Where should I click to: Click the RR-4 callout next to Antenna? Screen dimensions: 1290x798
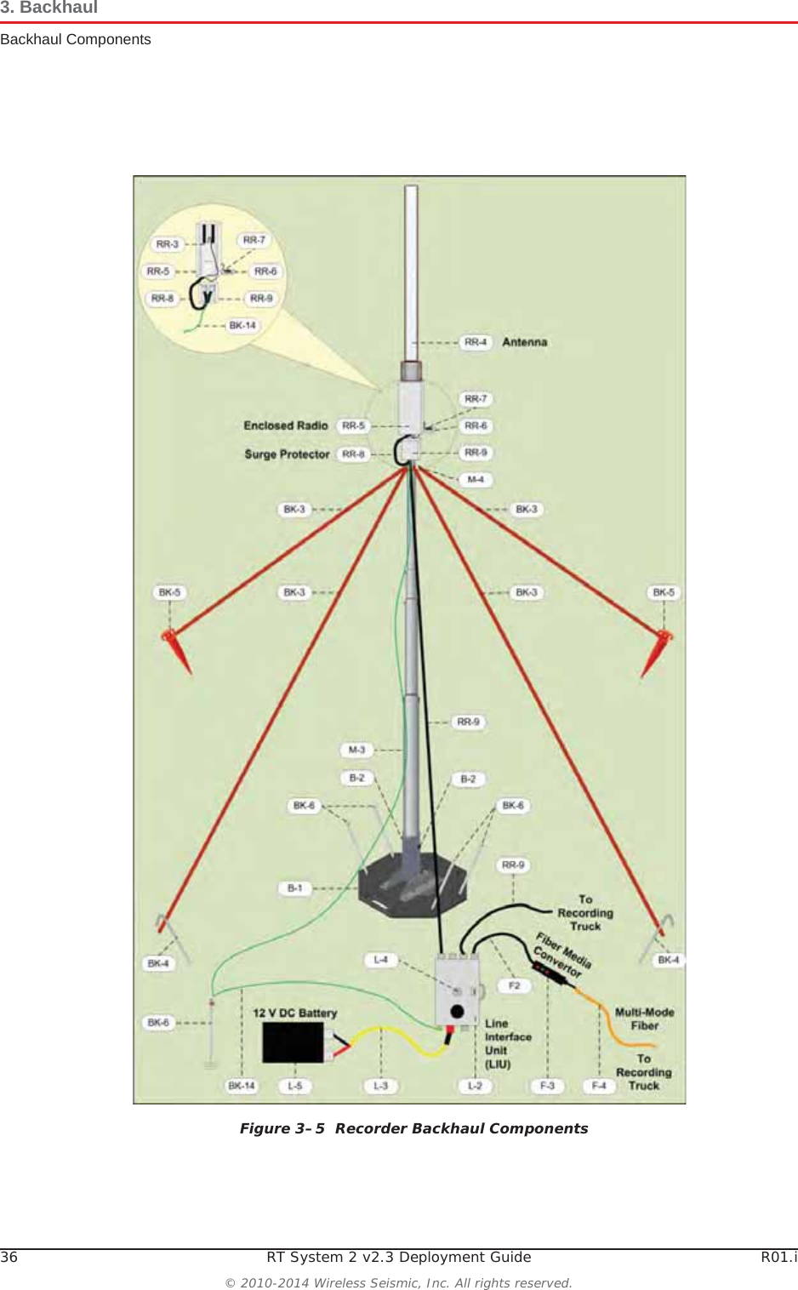coord(476,342)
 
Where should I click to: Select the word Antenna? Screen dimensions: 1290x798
coord(525,342)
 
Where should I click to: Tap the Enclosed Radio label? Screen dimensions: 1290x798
coord(286,425)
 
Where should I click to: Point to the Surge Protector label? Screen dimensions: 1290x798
coord(287,454)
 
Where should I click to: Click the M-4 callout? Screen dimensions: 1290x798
coord(476,480)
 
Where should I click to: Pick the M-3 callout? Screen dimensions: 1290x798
coord(356,750)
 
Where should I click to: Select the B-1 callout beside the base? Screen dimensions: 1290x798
coord(294,888)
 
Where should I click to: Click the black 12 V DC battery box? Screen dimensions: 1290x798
coord(293,1042)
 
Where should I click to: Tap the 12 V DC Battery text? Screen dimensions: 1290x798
coord(294,1013)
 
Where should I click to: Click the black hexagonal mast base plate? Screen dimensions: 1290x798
coord(413,889)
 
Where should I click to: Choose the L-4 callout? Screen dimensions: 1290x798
coord(381,960)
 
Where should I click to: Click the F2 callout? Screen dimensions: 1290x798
coord(514,985)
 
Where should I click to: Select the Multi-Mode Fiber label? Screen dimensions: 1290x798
coord(644,1019)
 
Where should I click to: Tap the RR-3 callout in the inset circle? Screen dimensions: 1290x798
coord(168,244)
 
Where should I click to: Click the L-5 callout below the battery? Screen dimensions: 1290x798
coord(294,1086)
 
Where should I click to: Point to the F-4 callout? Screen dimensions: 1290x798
coord(599,1086)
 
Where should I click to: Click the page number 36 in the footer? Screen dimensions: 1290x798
coord(9,1257)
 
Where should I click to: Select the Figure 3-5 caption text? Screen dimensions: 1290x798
coord(413,1128)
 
